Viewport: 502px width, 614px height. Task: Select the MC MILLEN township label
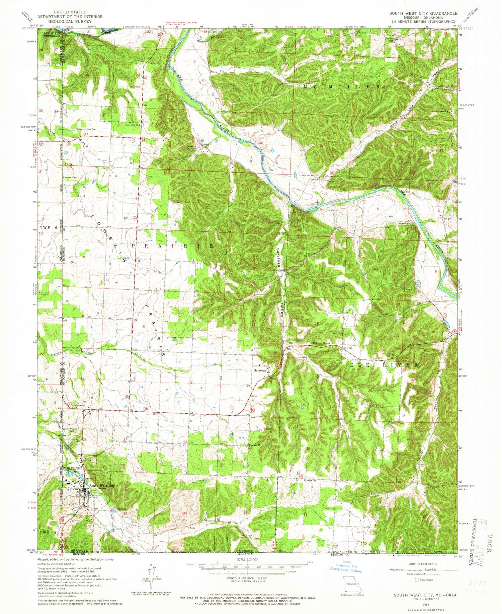click(x=341, y=86)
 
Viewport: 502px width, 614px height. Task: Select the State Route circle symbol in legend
click(x=417, y=580)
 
